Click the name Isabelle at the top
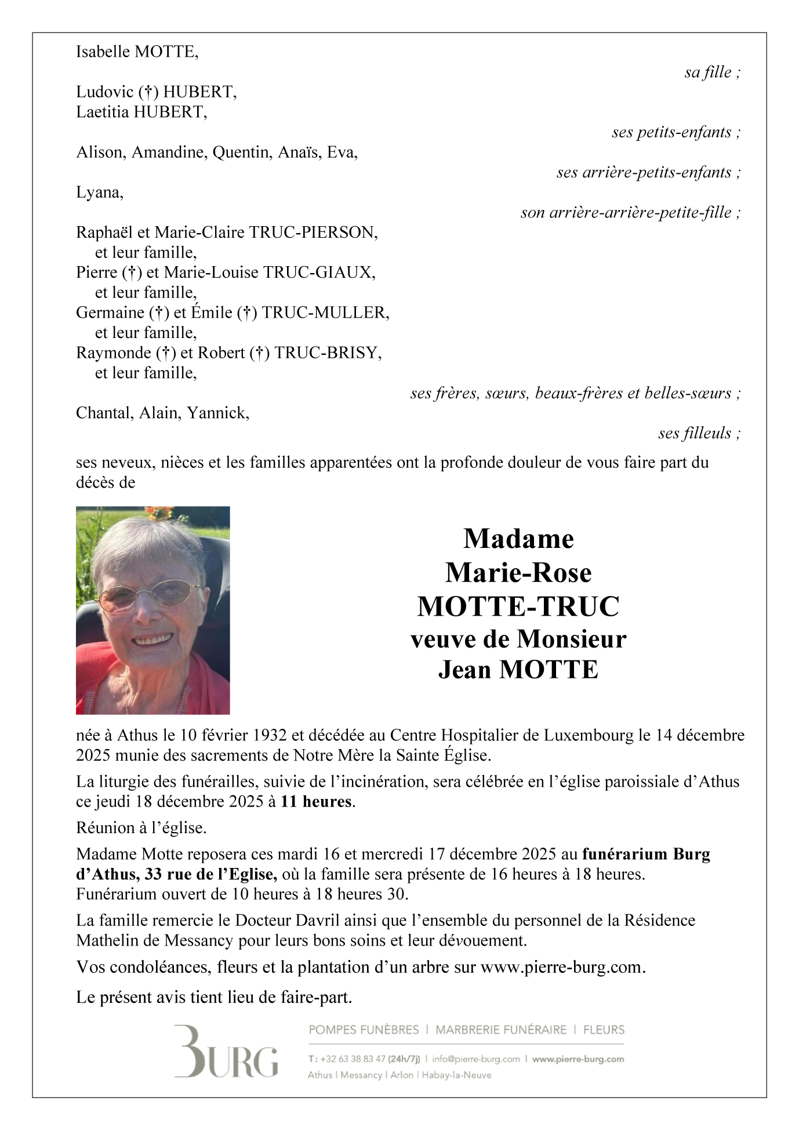(x=103, y=52)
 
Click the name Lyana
(x=99, y=192)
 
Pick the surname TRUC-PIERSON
(x=313, y=232)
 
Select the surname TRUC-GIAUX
(x=319, y=272)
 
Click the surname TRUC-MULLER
(x=325, y=313)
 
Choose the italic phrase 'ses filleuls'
(x=695, y=433)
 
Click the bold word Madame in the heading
(x=518, y=539)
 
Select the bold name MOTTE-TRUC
(x=518, y=606)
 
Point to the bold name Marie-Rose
(x=518, y=573)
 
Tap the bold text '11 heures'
(x=317, y=802)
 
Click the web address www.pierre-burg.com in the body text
(x=561, y=967)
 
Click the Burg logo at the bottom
(x=226, y=1052)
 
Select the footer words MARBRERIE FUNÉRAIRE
(x=501, y=1030)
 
